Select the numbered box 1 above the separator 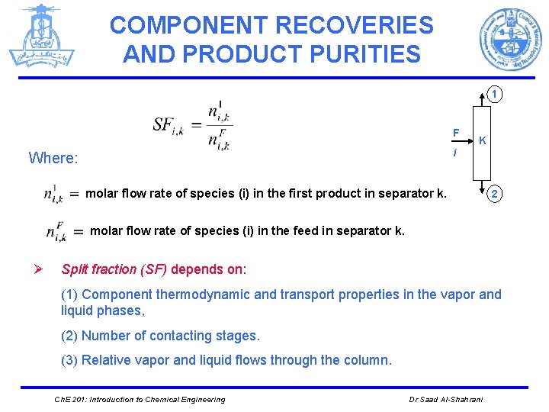[495, 95]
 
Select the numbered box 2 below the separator [495, 194]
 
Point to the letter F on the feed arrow [456, 134]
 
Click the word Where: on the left [53, 158]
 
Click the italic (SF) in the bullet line [152, 269]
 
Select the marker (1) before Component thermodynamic [69, 295]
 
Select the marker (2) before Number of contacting [69, 336]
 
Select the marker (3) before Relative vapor [69, 360]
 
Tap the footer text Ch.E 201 [69, 400]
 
